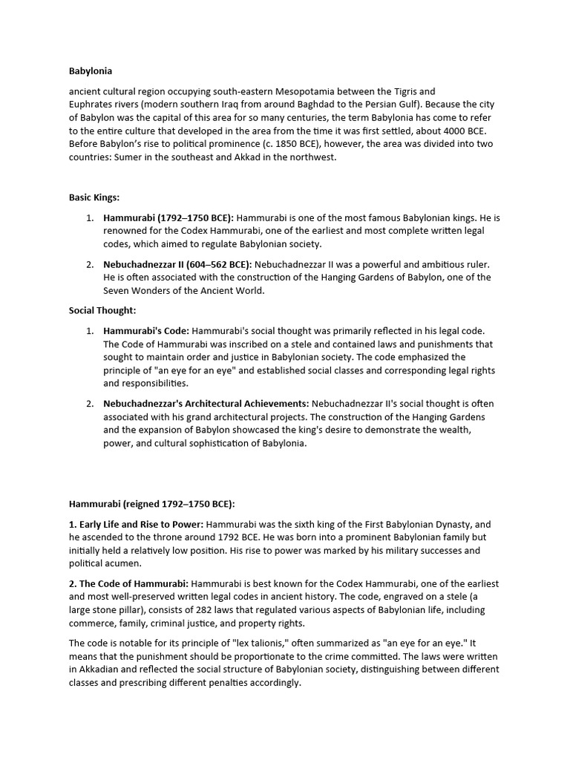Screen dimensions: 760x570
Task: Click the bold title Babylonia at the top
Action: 91,71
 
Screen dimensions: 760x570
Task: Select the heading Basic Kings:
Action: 94,198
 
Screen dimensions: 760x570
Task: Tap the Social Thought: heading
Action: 102,311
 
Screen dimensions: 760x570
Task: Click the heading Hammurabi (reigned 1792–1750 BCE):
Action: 151,504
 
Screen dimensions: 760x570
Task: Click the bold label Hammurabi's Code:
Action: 146,331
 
